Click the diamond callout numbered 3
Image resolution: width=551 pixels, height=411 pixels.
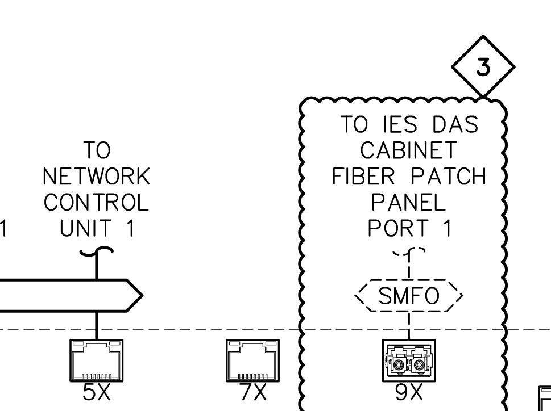click(x=483, y=68)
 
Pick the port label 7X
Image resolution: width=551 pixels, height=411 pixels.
click(x=253, y=392)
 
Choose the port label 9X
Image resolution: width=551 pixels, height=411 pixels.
click(x=409, y=392)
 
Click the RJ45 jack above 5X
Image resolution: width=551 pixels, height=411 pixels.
click(x=96, y=360)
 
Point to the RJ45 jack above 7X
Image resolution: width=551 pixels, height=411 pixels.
click(x=253, y=360)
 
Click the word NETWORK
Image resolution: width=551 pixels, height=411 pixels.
click(x=96, y=177)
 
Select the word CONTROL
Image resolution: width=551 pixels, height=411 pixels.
click(x=96, y=203)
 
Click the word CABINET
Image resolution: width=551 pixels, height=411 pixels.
click(x=409, y=151)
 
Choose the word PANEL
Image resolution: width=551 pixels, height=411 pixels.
click(x=409, y=202)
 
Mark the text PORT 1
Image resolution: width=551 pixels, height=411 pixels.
click(x=409, y=228)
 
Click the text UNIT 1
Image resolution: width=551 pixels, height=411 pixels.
click(x=96, y=229)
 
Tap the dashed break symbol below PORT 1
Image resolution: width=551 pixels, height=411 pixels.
click(x=409, y=253)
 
